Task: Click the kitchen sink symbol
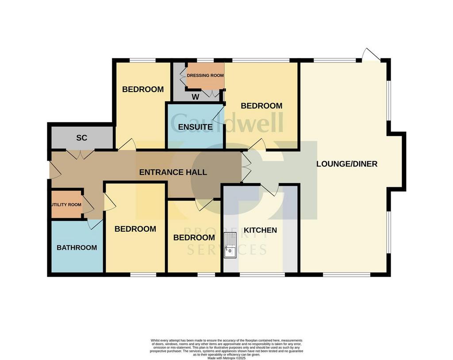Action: [x=230, y=245]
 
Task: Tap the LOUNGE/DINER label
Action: [x=347, y=164]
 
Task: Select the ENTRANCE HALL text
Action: [x=173, y=172]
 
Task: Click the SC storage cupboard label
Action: [x=81, y=138]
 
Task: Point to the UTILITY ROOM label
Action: [x=66, y=205]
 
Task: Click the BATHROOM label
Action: [x=77, y=248]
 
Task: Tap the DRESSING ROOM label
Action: [x=205, y=75]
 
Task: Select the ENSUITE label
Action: [x=195, y=127]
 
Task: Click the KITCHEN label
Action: [x=260, y=230]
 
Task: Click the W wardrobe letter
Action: [x=195, y=96]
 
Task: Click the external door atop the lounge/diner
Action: [x=371, y=55]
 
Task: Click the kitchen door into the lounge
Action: [x=269, y=190]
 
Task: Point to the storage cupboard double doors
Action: [x=80, y=154]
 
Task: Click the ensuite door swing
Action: [x=218, y=116]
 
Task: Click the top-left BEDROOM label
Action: [x=143, y=89]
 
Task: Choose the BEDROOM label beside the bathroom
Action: [x=135, y=229]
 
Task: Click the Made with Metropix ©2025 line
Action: [x=226, y=358]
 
